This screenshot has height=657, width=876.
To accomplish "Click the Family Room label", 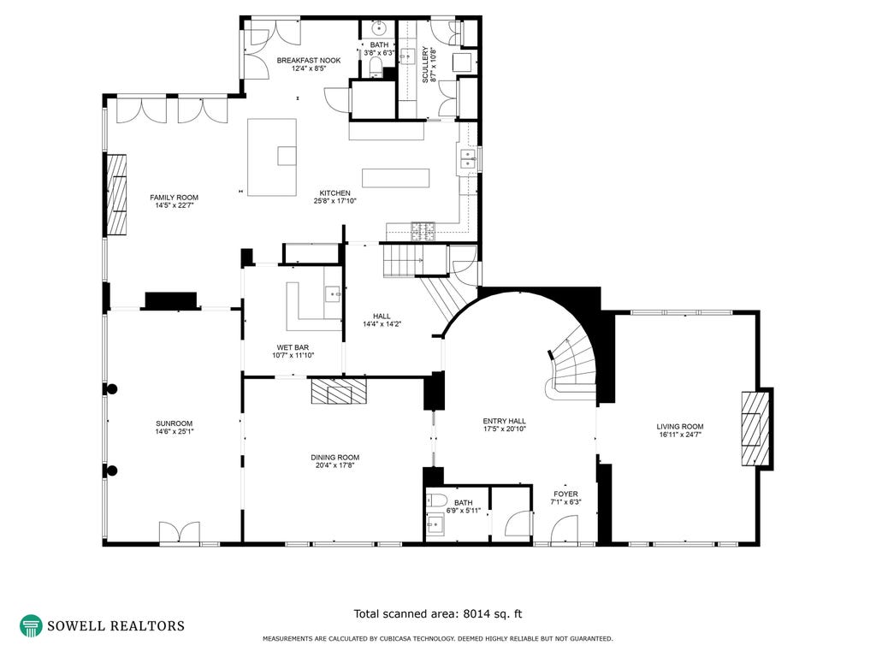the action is [174, 198].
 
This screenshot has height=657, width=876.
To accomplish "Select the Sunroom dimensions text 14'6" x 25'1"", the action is [175, 431].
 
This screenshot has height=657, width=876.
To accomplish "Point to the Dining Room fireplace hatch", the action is [339, 390].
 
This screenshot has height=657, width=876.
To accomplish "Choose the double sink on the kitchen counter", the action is [468, 159].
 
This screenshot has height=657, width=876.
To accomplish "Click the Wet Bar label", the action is [293, 347].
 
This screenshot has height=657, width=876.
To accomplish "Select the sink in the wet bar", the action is [334, 293].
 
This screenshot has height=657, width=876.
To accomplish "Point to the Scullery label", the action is [425, 65].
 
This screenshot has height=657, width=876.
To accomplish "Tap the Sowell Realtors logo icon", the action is [31, 626].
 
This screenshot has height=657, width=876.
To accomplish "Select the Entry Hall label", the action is [505, 421].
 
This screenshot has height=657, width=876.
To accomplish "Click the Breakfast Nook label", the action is [308, 61].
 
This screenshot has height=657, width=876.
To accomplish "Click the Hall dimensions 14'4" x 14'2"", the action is [382, 324].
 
